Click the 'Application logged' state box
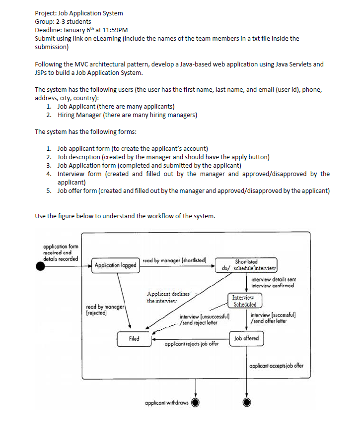coord(115,265)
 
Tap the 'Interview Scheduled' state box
coord(244,301)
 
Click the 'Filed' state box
coord(134,339)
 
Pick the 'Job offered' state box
coord(246,338)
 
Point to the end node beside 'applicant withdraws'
coord(196,402)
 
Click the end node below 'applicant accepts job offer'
coord(247,402)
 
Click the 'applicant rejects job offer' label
coord(191,343)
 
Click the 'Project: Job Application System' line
coord(79,13)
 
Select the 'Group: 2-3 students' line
coord(63,21)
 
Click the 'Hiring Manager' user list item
coord(127,115)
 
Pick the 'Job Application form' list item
coord(149,165)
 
